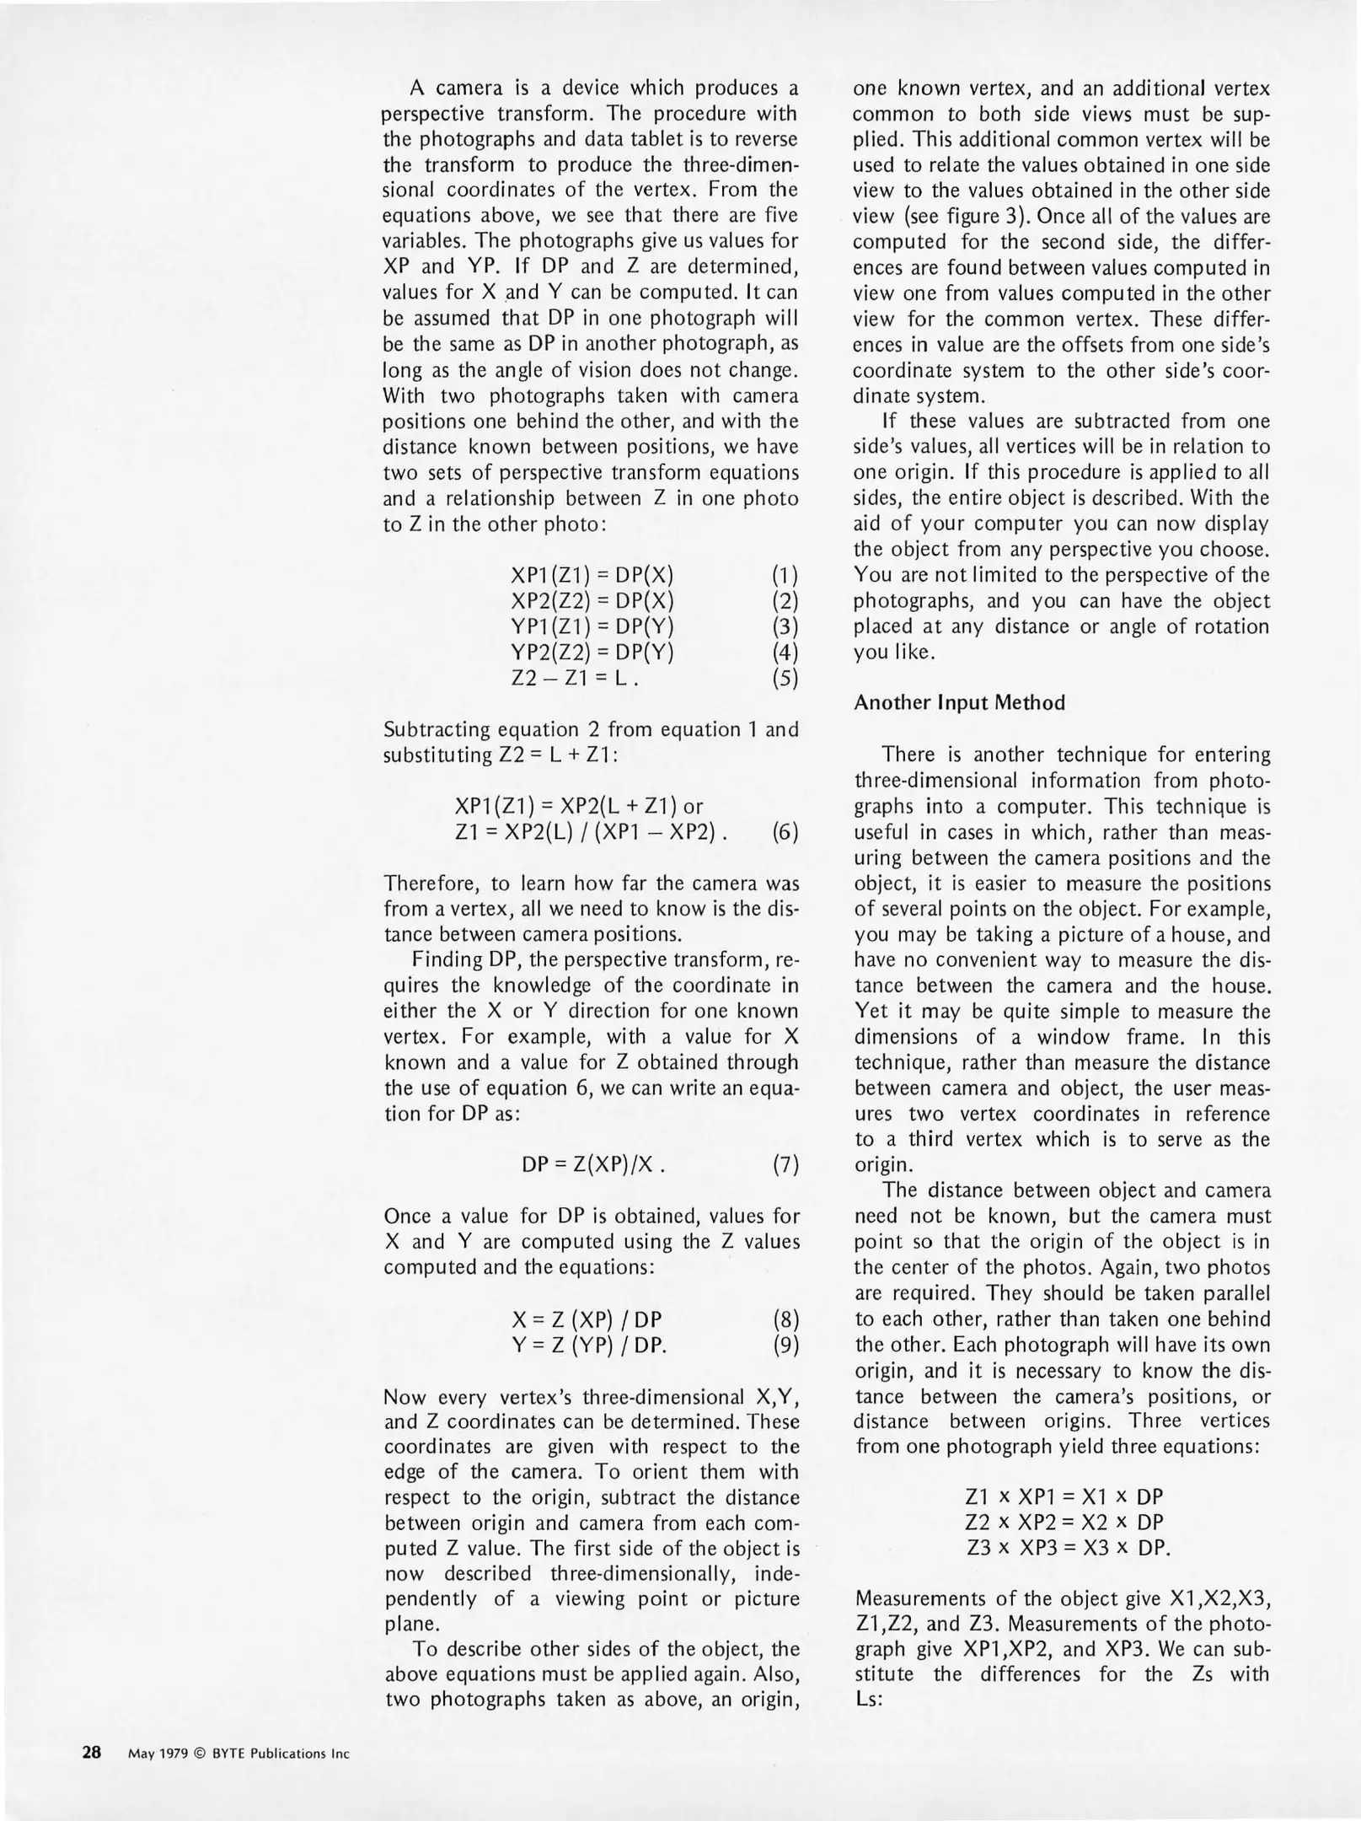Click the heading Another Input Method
click(x=959, y=703)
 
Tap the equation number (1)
click(x=785, y=576)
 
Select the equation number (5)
click(x=785, y=678)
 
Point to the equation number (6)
click(x=785, y=833)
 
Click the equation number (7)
click(x=785, y=1165)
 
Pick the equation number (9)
click(x=785, y=1346)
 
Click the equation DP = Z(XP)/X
click(x=594, y=1165)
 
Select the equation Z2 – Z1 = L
click(x=574, y=678)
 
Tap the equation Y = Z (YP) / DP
click(x=589, y=1346)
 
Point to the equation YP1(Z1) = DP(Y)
click(x=592, y=627)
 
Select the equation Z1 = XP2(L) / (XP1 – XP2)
click(x=591, y=833)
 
